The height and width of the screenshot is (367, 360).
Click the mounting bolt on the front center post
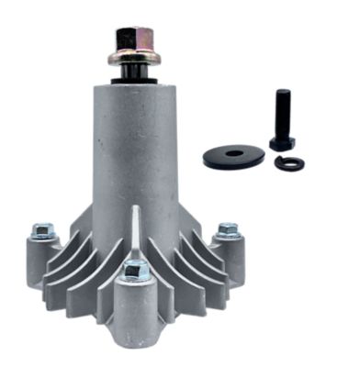coord(135,271)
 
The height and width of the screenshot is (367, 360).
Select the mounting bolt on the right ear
coord(227,229)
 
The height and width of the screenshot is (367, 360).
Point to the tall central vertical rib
coord(135,229)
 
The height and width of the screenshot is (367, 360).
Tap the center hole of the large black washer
coord(233,153)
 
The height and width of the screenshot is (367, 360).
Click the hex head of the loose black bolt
coord(280,144)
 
